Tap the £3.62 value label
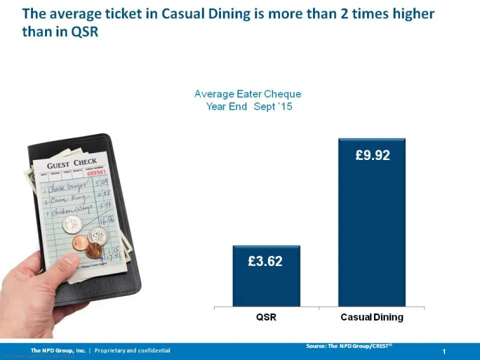pyautogui.click(x=265, y=261)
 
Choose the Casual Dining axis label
pyautogui.click(x=372, y=317)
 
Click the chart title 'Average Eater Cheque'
pyautogui.click(x=248, y=94)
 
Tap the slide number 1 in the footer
pyautogui.click(x=444, y=351)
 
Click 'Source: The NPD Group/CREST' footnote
pyautogui.click(x=349, y=345)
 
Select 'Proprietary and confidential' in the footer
pyautogui.click(x=132, y=350)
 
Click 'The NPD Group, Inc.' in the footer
pyautogui.click(x=58, y=350)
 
